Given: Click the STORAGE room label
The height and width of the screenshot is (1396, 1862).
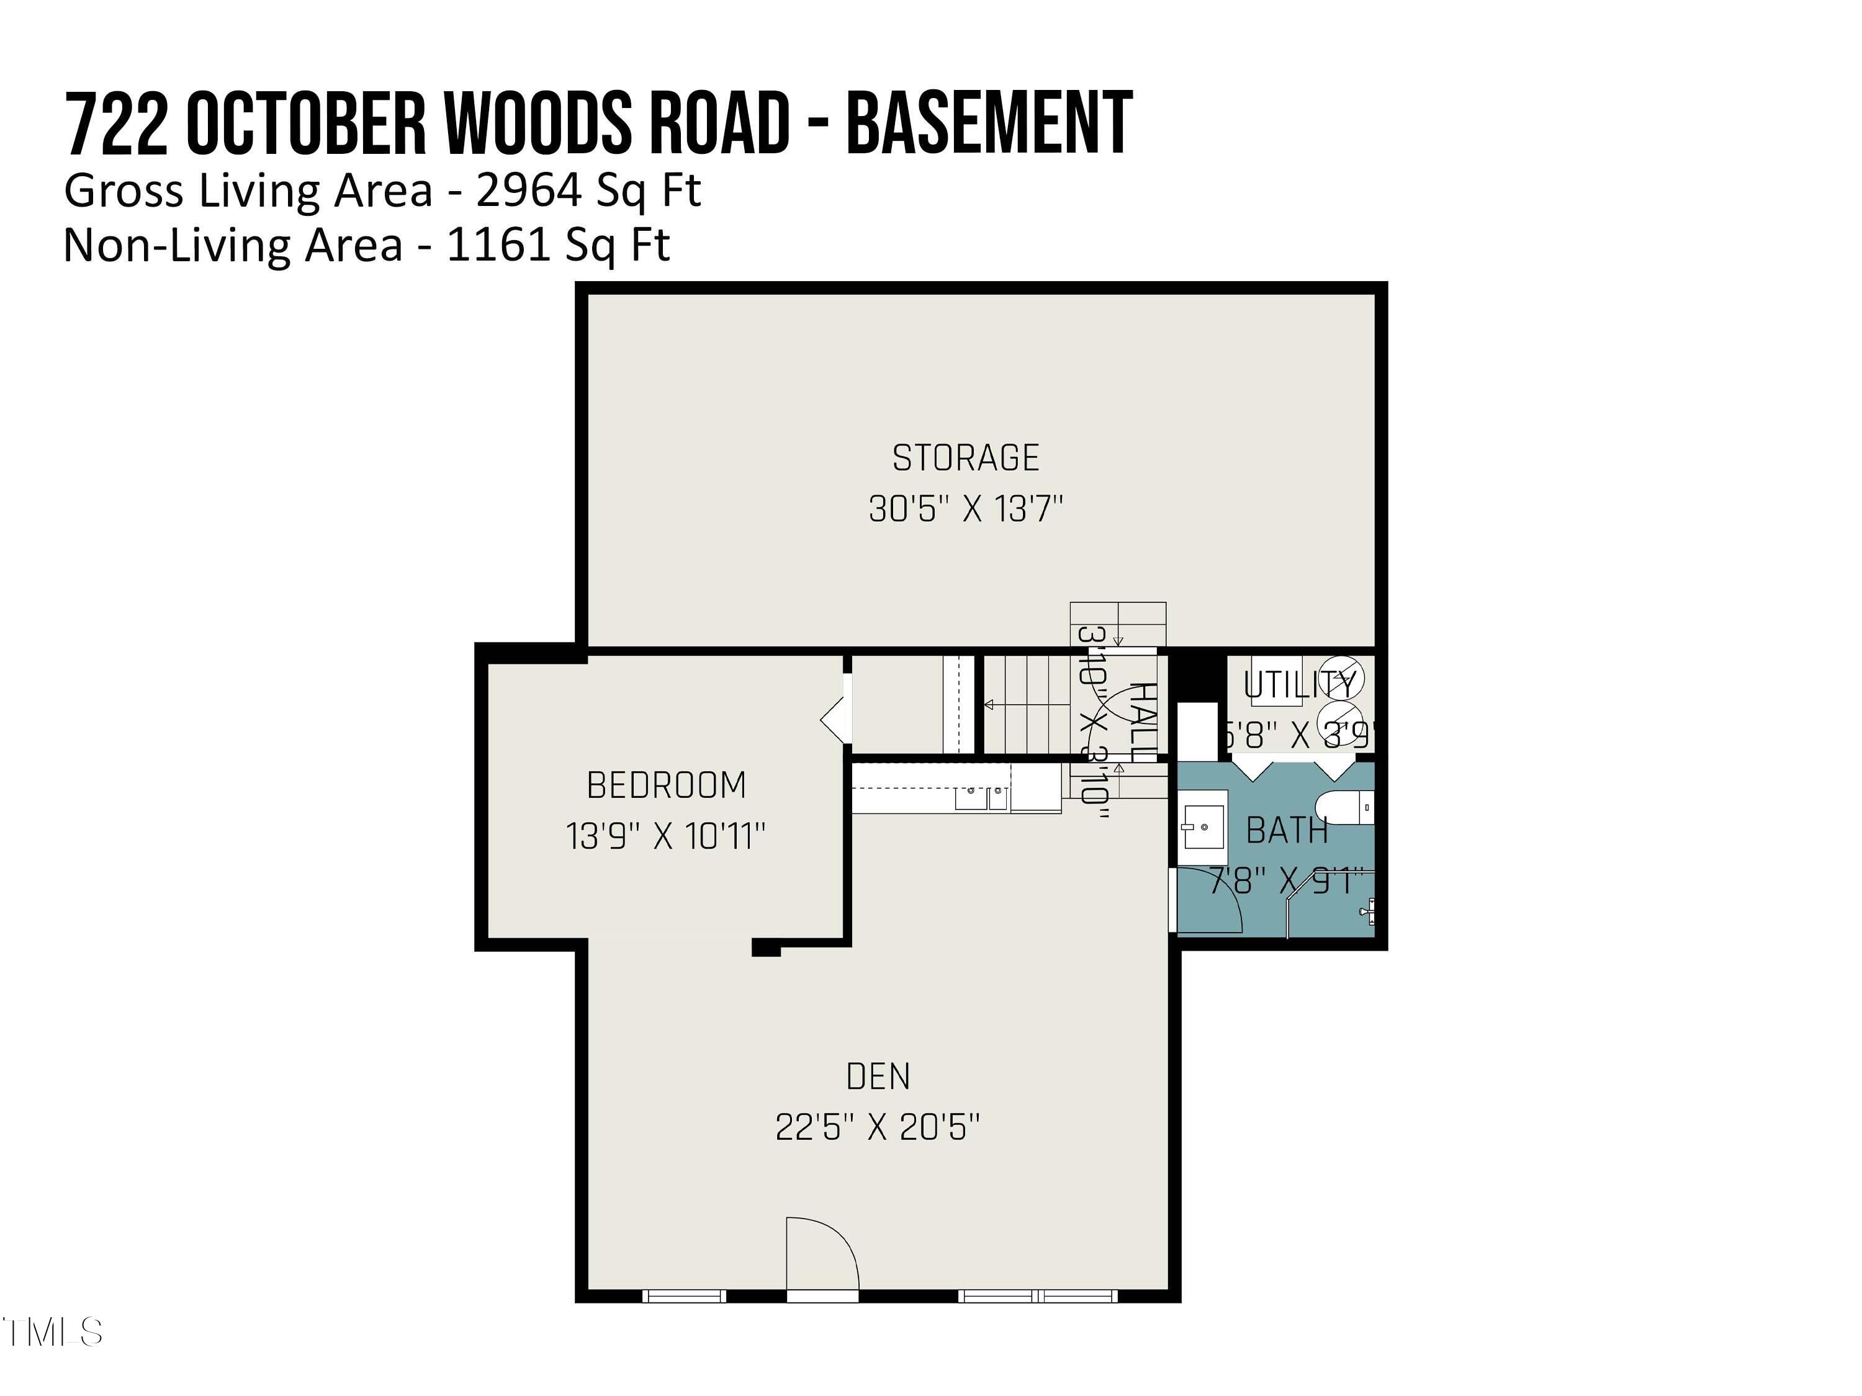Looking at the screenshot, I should coord(966,459).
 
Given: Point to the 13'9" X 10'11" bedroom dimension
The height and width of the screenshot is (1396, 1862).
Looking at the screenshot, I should coord(666,836).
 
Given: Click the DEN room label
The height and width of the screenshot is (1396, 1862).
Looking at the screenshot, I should coord(878,1077).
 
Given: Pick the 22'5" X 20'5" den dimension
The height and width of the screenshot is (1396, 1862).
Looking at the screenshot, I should coord(878,1127).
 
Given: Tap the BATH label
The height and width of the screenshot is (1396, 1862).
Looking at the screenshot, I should coord(1286,831).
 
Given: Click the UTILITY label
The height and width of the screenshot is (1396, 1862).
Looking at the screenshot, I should coord(1299,686).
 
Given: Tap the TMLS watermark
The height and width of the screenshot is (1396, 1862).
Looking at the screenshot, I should coord(52,1331).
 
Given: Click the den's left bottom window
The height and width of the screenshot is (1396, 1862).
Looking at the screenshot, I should coord(683,1297).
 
